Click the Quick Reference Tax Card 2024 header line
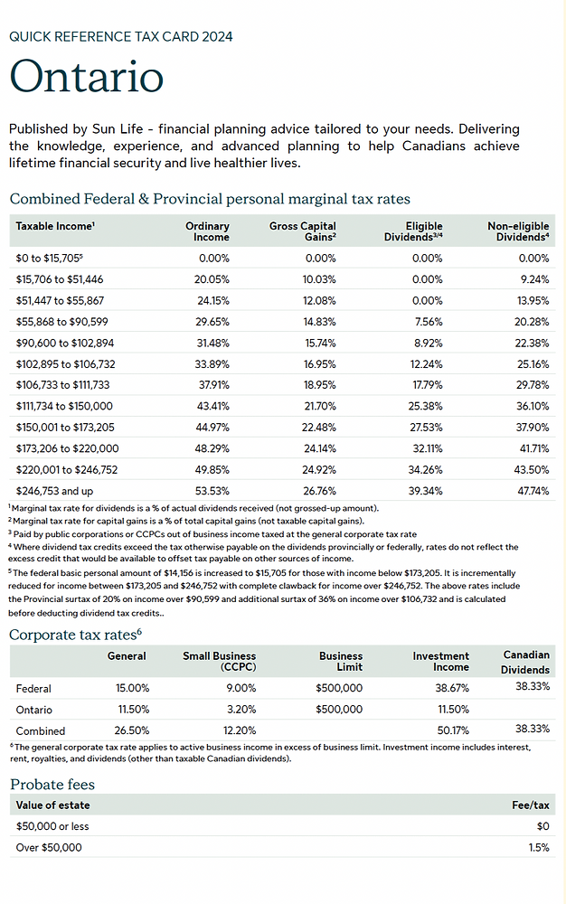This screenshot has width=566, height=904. click(121, 36)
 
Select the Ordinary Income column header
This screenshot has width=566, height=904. click(207, 231)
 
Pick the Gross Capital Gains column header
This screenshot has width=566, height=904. click(302, 231)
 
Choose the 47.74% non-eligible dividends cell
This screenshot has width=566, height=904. click(532, 491)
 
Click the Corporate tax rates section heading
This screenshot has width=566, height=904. click(75, 635)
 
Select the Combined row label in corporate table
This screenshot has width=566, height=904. click(41, 730)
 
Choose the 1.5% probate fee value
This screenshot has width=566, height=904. click(536, 847)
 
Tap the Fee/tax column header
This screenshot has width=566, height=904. click(531, 805)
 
